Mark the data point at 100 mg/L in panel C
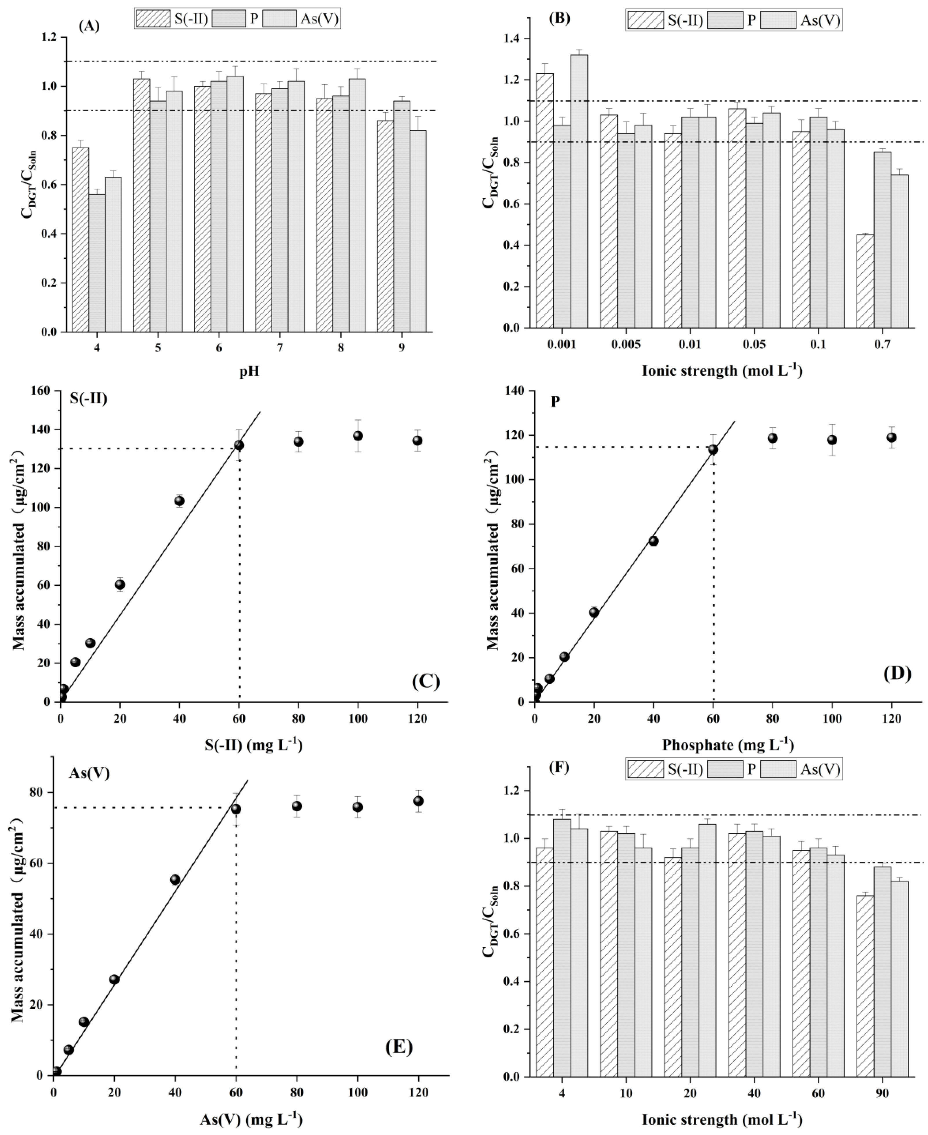(358, 436)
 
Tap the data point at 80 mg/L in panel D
(772, 438)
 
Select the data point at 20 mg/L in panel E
(114, 979)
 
